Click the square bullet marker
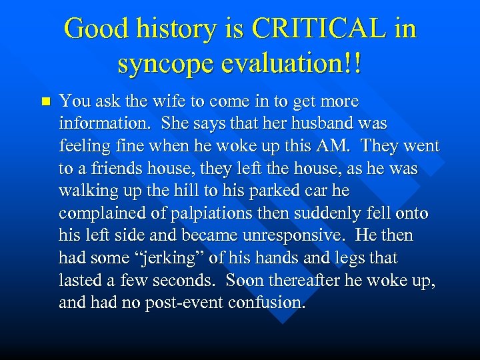click(45, 102)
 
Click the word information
click(97, 124)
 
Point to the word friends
click(111, 169)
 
